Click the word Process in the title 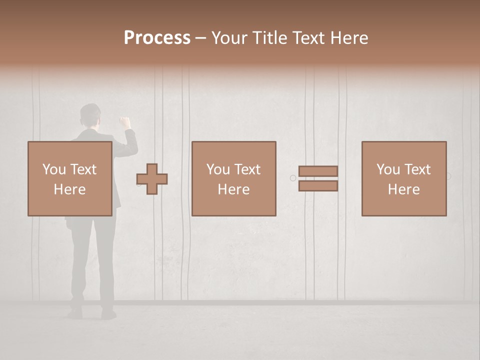click(157, 37)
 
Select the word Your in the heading click(229, 38)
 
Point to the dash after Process click(200, 38)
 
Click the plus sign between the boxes click(152, 179)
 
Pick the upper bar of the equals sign click(318, 171)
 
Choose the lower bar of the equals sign click(318, 186)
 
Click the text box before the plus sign click(69, 178)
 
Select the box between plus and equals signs click(233, 178)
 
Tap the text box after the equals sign click(404, 178)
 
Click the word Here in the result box click(403, 189)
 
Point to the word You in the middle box click(218, 169)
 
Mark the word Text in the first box click(83, 169)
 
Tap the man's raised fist click(124, 121)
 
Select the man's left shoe click(75, 313)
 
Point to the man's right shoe click(108, 313)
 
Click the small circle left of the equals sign click(293, 177)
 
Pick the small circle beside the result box click(448, 176)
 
